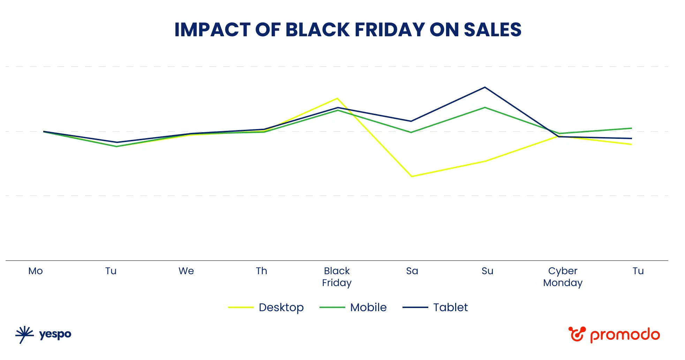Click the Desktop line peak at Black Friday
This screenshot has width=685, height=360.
pyautogui.click(x=337, y=98)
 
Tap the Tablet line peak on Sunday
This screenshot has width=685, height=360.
pyautogui.click(x=485, y=87)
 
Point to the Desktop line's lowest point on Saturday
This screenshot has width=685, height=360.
pyautogui.click(x=412, y=177)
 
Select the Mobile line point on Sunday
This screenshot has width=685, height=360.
pyautogui.click(x=485, y=107)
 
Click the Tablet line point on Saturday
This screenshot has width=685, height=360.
pyautogui.click(x=411, y=121)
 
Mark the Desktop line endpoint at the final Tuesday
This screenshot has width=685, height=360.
pyautogui.click(x=631, y=144)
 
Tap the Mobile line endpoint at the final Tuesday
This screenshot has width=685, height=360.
pyautogui.click(x=631, y=128)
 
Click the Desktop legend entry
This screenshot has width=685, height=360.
pyautogui.click(x=266, y=307)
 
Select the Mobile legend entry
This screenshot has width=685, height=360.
pyautogui.click(x=353, y=307)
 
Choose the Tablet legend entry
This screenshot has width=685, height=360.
pyautogui.click(x=435, y=307)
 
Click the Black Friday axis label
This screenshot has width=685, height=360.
pyautogui.click(x=337, y=277)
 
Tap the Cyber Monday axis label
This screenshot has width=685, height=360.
pyautogui.click(x=563, y=277)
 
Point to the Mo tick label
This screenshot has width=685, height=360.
pyautogui.click(x=36, y=271)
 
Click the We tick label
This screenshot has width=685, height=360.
pyautogui.click(x=186, y=271)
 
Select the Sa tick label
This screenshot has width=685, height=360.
pyautogui.click(x=412, y=271)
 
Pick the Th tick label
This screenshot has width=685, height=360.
pyautogui.click(x=261, y=271)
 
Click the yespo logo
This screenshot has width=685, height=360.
pyautogui.click(x=44, y=335)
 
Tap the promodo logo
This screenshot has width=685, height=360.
pyautogui.click(x=614, y=335)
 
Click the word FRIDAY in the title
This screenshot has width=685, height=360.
pyautogui.click(x=389, y=30)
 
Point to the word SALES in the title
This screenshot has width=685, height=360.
pyautogui.click(x=492, y=30)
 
